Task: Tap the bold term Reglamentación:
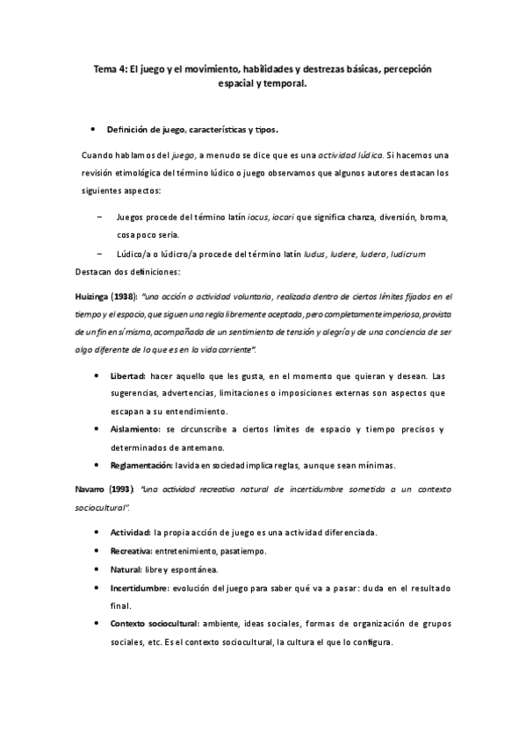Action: tap(145, 464)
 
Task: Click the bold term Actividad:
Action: tap(131, 532)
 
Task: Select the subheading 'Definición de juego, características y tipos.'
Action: tap(191, 130)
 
